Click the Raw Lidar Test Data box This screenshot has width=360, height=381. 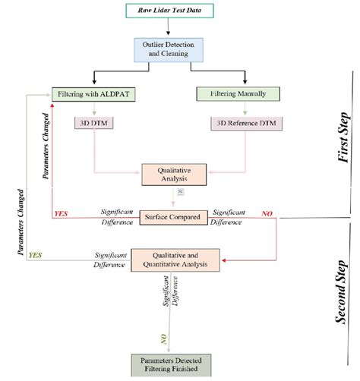tap(179, 11)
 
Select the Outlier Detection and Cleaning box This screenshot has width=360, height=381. tap(179, 50)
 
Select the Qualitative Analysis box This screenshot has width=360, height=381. tap(180, 176)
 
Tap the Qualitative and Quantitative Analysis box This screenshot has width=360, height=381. tap(179, 260)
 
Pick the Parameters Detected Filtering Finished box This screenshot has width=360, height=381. tap(180, 364)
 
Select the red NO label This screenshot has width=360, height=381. tap(267, 215)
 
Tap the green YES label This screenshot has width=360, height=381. tap(35, 257)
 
